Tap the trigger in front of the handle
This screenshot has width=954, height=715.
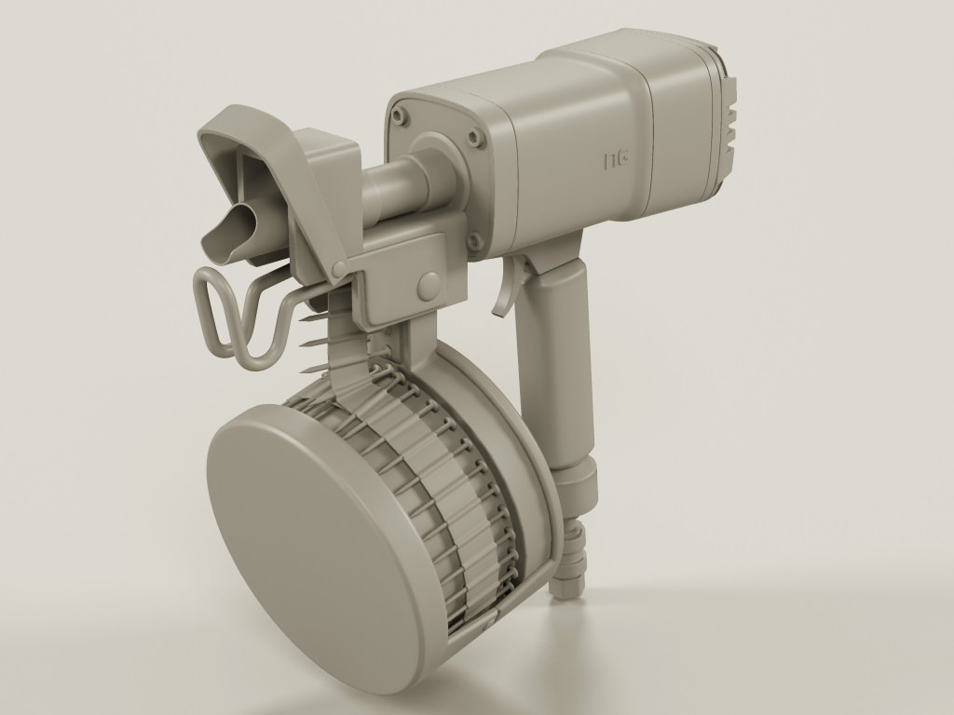[x=509, y=289]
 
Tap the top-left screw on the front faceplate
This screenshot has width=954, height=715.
[x=400, y=116]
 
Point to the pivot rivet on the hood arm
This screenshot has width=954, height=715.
[x=341, y=269]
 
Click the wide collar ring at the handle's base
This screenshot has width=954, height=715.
[x=575, y=480]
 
